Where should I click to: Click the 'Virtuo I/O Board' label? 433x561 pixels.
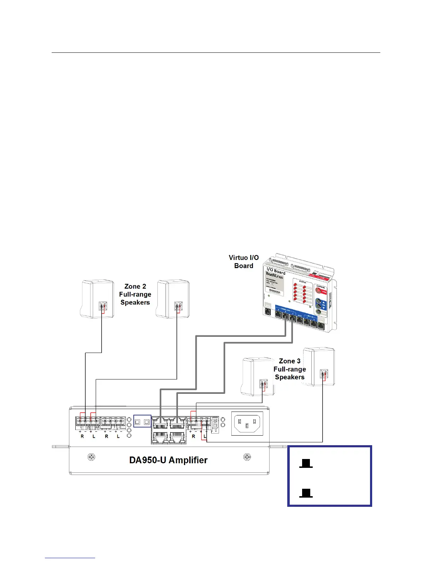(x=244, y=262)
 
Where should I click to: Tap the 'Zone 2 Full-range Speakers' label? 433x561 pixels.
(x=135, y=294)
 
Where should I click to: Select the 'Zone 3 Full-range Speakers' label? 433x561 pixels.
(x=289, y=369)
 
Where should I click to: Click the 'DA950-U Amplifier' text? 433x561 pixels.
(x=168, y=460)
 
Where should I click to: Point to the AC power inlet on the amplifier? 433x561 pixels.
(x=247, y=424)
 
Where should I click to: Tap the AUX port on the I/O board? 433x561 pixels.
(x=300, y=321)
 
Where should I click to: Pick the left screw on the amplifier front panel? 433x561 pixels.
(x=91, y=457)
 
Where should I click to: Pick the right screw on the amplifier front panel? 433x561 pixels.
(x=247, y=457)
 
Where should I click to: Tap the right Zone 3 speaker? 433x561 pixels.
(x=319, y=367)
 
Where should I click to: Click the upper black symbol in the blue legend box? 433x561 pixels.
(x=306, y=463)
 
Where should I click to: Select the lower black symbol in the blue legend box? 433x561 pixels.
(x=306, y=493)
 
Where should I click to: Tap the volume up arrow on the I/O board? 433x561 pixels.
(x=323, y=302)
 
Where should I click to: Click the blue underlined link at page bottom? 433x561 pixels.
(x=70, y=558)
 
